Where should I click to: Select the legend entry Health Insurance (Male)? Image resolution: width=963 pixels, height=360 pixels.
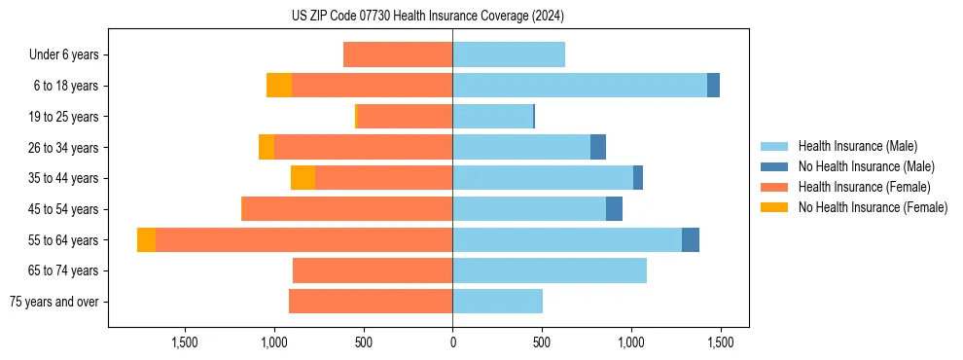pos(857,146)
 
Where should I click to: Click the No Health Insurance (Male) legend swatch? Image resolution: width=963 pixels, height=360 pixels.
pos(774,166)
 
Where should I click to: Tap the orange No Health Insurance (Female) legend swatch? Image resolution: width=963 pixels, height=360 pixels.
pos(774,207)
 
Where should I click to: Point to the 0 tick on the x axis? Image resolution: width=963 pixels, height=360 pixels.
pos(452,342)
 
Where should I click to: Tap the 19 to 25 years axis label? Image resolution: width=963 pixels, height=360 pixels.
pos(65,117)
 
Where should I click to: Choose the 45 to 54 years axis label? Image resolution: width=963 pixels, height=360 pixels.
pos(65,209)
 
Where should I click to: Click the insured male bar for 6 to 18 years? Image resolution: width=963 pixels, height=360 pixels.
pos(579,86)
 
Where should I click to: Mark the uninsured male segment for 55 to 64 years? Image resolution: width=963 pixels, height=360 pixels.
pos(691,239)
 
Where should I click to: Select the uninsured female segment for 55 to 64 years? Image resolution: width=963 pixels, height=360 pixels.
pos(146,239)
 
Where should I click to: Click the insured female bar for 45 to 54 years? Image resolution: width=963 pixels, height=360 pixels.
pos(346,209)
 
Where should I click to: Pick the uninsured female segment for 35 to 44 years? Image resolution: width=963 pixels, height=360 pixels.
pos(303,178)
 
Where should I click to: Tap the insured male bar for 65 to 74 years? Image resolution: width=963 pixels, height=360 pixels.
pos(550,270)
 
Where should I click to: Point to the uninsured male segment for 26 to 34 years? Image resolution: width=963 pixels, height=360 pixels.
pos(598,147)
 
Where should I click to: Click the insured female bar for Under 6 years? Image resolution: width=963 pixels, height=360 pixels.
pos(398,55)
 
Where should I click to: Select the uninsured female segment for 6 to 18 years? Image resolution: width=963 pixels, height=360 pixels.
pos(279,86)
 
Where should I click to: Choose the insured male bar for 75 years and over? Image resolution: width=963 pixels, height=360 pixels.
pos(497,302)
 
